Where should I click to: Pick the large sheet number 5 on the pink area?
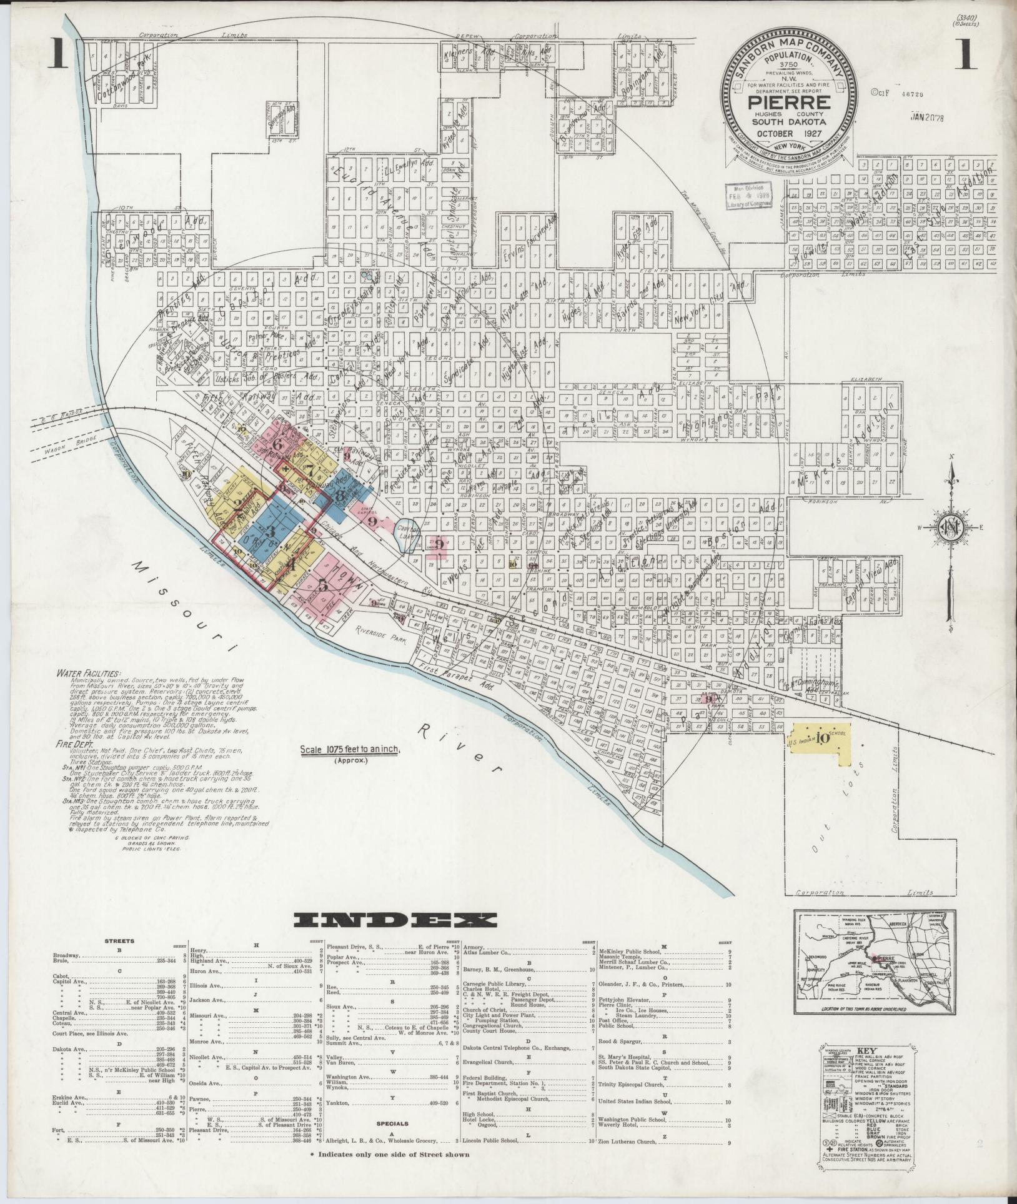[322, 585]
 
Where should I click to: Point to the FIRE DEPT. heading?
[73, 745]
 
